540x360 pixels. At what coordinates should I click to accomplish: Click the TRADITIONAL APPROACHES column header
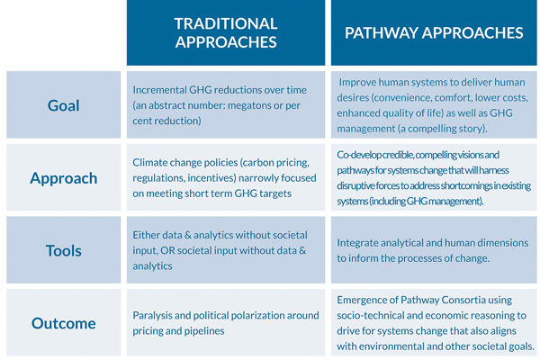click(226, 32)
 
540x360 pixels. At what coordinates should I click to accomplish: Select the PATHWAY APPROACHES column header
click(434, 32)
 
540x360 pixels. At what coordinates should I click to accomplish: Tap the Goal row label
click(63, 105)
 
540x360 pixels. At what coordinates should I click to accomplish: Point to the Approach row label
click(64, 178)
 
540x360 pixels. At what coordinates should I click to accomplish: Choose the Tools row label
click(64, 250)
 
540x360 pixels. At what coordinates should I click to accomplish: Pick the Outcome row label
click(64, 323)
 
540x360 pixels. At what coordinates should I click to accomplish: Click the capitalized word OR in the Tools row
click(167, 250)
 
